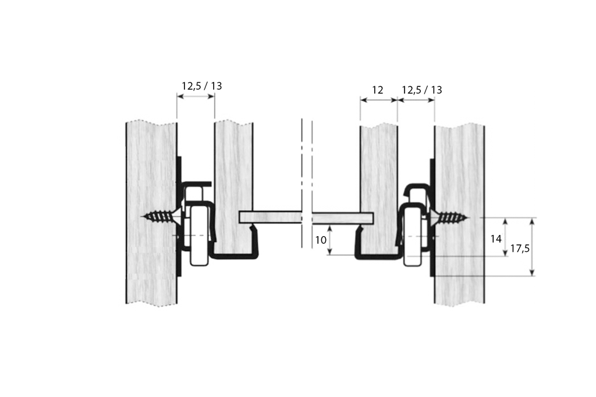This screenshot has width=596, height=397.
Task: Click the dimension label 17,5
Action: (x=519, y=248)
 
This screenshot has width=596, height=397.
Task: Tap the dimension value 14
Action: (x=496, y=238)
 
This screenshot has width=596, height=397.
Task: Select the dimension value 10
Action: (x=320, y=240)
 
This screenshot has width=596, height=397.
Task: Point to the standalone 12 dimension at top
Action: (x=377, y=90)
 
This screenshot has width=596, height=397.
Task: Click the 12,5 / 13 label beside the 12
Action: (x=422, y=90)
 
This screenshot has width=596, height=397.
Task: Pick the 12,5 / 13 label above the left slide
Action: (x=202, y=86)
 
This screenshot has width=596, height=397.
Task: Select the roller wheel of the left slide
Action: (x=198, y=233)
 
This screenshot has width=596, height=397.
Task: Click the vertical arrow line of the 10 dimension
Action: (x=331, y=241)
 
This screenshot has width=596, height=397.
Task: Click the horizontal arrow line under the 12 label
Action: (x=378, y=100)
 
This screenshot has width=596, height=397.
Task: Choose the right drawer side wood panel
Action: (x=378, y=169)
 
